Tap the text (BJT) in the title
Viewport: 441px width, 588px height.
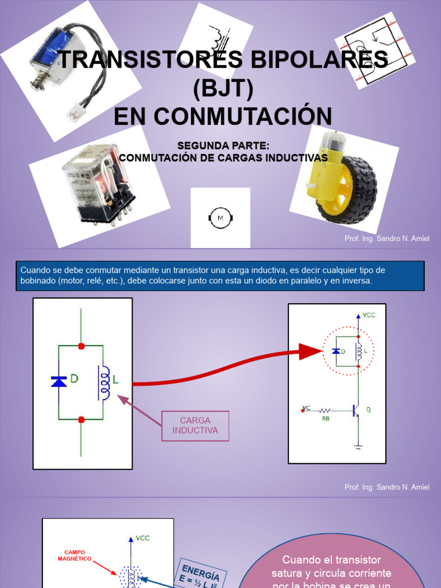(223, 88)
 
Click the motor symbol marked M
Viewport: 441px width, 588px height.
(220, 218)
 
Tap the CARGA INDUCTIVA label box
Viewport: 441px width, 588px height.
(195, 425)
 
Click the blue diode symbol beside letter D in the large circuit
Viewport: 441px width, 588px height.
(59, 381)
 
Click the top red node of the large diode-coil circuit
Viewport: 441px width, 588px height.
(81, 346)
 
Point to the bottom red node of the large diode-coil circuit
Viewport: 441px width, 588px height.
(81, 420)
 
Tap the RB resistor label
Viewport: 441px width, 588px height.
(326, 419)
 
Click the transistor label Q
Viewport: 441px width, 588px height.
(368, 409)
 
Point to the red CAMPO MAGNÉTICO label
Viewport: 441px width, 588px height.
(75, 555)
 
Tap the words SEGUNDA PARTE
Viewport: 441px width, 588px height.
(223, 145)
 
